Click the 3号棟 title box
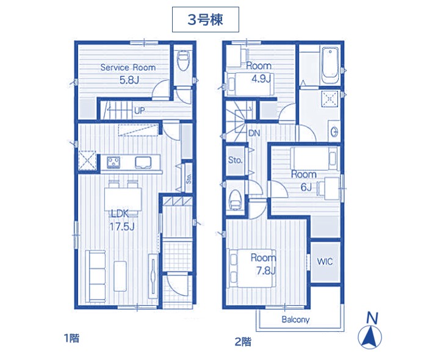point(206,20)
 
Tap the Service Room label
point(128,68)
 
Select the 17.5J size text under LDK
point(122,226)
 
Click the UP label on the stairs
point(139,110)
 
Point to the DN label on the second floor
point(254,133)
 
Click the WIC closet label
point(325,261)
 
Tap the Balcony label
point(295,320)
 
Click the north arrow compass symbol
point(370,333)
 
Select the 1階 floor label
point(72,338)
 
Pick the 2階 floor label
point(243,342)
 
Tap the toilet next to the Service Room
point(183,61)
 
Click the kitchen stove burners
point(113,162)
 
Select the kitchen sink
point(143,162)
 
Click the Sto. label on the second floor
point(236,160)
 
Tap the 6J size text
point(306,187)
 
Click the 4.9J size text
point(261,78)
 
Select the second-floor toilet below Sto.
point(234,199)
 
